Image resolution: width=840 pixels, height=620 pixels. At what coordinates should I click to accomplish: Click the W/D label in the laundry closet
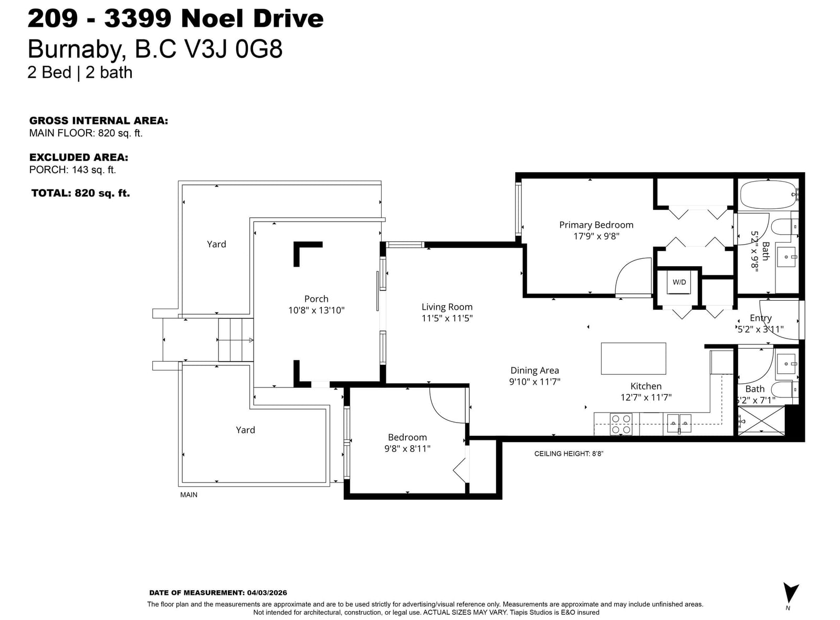[x=679, y=282]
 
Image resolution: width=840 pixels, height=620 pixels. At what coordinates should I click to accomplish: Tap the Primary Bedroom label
[x=596, y=225]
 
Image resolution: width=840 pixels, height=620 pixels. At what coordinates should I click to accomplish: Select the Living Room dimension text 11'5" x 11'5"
[x=447, y=318]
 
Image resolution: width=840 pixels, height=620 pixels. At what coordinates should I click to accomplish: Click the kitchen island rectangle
[x=633, y=359]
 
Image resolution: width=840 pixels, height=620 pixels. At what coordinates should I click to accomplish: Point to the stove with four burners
[x=621, y=424]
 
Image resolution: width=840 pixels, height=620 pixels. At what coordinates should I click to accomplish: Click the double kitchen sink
[x=679, y=423]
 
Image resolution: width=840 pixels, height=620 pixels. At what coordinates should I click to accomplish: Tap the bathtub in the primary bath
[x=769, y=195]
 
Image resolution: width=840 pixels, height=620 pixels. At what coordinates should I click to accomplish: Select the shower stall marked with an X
[x=761, y=421]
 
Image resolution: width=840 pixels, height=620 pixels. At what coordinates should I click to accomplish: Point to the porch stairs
[x=236, y=340]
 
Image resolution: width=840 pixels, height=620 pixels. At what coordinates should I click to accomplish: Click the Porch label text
[x=316, y=299]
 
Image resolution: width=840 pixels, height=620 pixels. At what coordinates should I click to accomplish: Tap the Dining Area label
[x=534, y=371]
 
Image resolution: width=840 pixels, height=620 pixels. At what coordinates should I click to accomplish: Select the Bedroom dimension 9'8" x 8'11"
[x=407, y=448]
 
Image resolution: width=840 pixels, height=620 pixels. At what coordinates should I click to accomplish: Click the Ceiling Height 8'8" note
[x=569, y=454]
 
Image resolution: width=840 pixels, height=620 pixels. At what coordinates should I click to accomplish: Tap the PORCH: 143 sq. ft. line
[x=73, y=170]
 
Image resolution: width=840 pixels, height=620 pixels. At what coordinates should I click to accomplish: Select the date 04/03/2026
[x=267, y=593]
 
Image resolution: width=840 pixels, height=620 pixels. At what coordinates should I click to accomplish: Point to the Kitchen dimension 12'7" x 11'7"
[x=646, y=397]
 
